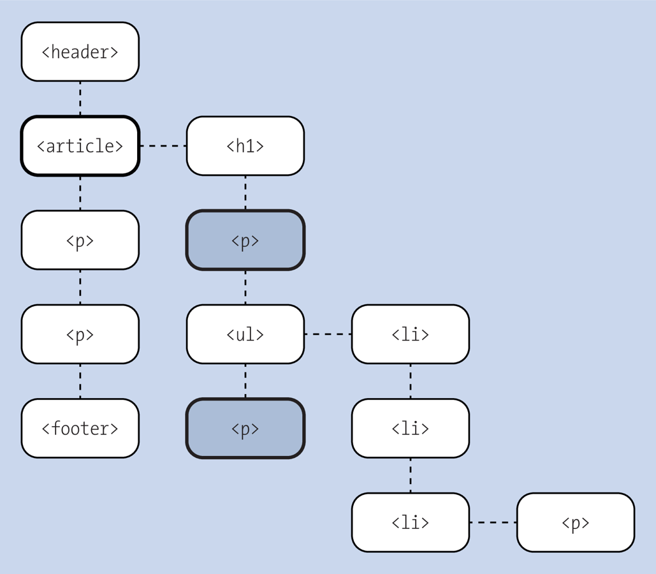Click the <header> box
[x=80, y=52]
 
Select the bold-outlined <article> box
[x=80, y=146]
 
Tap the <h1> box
[x=245, y=146]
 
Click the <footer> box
[x=80, y=428]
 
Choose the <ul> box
[x=245, y=334]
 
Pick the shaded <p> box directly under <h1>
[x=245, y=240]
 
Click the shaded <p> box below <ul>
[x=245, y=428]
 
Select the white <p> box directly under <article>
[x=80, y=240]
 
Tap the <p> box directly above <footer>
[x=80, y=334]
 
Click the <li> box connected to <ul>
[x=410, y=334]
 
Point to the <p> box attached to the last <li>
[x=575, y=522]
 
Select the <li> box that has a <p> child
[x=410, y=522]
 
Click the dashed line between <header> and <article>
[x=80, y=98]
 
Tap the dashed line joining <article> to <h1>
[x=163, y=146]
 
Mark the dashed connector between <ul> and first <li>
[x=328, y=334]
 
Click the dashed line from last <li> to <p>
[x=493, y=522]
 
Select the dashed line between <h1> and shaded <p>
[x=245, y=193]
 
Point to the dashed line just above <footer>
[x=80, y=381]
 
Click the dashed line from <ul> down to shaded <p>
[x=245, y=381]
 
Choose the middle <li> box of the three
[x=410, y=428]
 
